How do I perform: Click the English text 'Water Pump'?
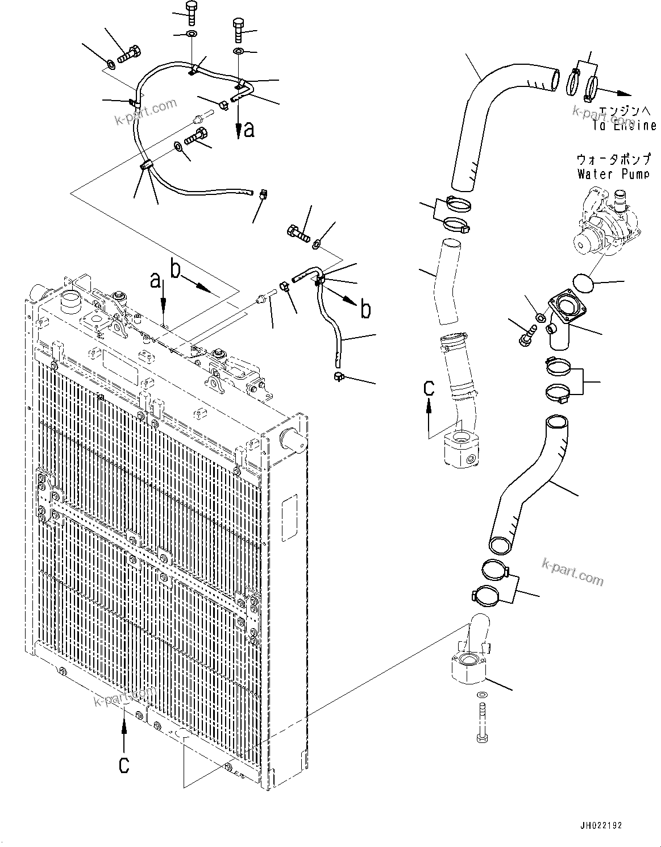613,174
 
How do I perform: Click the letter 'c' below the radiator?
124,765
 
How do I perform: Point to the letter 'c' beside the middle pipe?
430,388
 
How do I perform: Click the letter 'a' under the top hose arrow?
248,130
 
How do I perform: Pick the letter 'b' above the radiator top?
176,268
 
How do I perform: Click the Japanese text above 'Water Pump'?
613,159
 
